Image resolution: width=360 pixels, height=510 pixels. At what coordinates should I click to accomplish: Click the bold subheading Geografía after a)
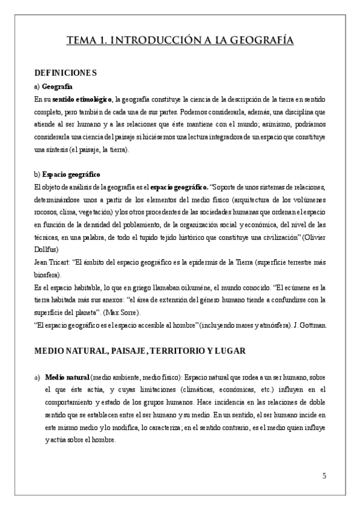tap(58, 87)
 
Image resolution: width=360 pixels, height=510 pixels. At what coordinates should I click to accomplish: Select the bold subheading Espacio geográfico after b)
tap(72, 174)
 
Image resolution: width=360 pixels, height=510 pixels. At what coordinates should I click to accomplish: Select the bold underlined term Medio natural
tap(67, 376)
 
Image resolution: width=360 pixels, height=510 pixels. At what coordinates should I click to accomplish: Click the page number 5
tap(324, 476)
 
